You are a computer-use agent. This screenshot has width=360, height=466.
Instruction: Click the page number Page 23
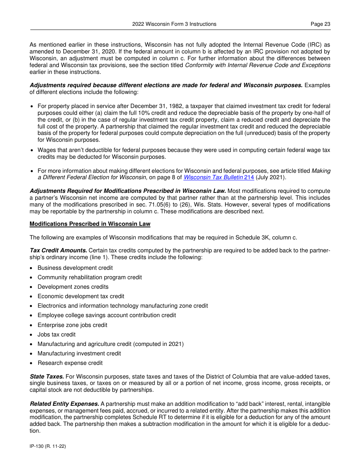coord(320,24)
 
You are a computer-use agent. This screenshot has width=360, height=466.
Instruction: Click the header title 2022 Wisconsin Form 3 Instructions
coord(174,24)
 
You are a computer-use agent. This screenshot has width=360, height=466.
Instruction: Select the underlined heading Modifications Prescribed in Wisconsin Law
coord(90,224)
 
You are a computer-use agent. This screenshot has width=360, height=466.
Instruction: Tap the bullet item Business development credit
coord(75,268)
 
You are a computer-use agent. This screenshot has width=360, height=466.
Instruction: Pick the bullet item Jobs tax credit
coord(56,335)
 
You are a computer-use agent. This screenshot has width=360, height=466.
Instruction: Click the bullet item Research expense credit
coord(70,363)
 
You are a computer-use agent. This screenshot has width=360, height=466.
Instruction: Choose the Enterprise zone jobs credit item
coord(72,325)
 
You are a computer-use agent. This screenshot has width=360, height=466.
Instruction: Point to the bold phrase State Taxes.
coord(47,376)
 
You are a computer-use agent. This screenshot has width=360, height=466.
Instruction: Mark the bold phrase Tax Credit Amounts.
coord(58,250)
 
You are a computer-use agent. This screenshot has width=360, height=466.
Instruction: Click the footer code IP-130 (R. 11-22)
coord(48,446)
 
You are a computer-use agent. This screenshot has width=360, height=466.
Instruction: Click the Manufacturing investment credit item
coord(79,353)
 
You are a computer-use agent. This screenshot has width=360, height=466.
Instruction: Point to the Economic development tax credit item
coord(81,296)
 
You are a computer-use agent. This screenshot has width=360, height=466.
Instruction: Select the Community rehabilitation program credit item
coord(90,277)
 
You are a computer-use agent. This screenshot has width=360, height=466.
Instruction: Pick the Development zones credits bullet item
coord(73,287)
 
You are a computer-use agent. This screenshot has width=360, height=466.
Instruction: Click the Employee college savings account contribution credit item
coord(107,315)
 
